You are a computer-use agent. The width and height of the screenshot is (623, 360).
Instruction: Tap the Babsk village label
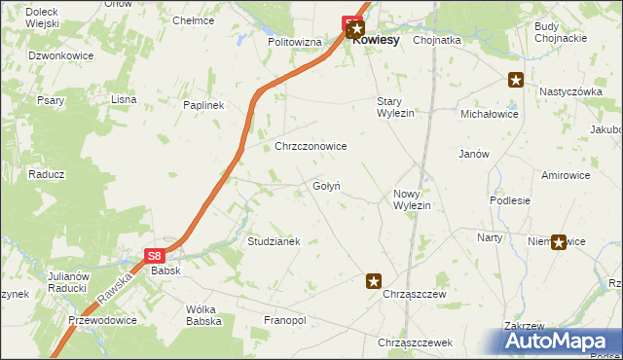tap(165, 271)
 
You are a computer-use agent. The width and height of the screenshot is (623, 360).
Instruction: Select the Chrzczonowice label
tap(311, 146)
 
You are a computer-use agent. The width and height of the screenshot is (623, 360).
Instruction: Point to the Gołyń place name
tap(326, 186)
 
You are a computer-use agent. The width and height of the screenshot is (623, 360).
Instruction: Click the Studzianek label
tap(274, 240)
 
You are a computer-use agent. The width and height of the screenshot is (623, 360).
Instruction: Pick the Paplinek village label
tap(203, 105)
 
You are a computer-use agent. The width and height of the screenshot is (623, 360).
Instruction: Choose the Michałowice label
tap(490, 114)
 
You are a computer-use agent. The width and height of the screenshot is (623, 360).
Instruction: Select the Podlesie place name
tap(510, 200)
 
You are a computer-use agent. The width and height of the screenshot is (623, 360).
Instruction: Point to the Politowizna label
tap(295, 43)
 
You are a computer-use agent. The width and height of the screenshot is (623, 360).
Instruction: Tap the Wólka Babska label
tap(203, 315)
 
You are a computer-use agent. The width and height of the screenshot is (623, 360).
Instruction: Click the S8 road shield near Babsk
tap(155, 256)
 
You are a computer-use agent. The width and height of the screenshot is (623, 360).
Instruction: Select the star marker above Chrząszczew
tap(373, 281)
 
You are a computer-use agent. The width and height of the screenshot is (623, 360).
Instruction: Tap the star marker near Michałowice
tap(516, 81)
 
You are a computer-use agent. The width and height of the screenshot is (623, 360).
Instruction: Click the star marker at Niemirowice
tap(559, 242)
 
